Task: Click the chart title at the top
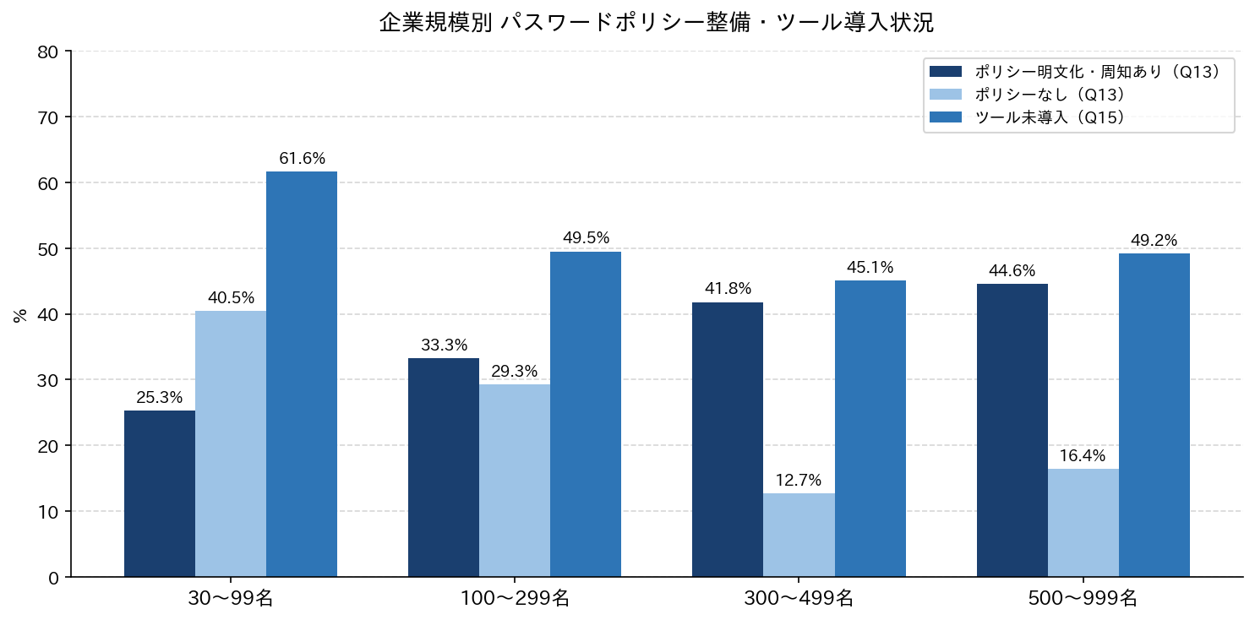pos(656,23)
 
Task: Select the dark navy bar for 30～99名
pos(160,493)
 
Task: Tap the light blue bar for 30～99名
pos(231,443)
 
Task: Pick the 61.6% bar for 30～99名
pos(302,374)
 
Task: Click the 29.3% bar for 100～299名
pos(515,481)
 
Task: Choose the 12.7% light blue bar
pos(799,535)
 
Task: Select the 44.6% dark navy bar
pos(1012,430)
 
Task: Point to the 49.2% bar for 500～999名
pos(1154,415)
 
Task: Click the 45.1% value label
pos(870,267)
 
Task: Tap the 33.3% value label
pos(444,345)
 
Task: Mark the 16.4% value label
pos(1083,455)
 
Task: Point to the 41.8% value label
pos(728,288)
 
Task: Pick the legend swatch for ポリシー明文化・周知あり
pos(946,72)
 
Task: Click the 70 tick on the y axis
pos(47,117)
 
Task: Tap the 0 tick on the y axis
pos(53,578)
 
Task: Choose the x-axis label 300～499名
pos(799,599)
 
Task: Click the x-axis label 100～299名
pos(515,599)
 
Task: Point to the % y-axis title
pos(20,316)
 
